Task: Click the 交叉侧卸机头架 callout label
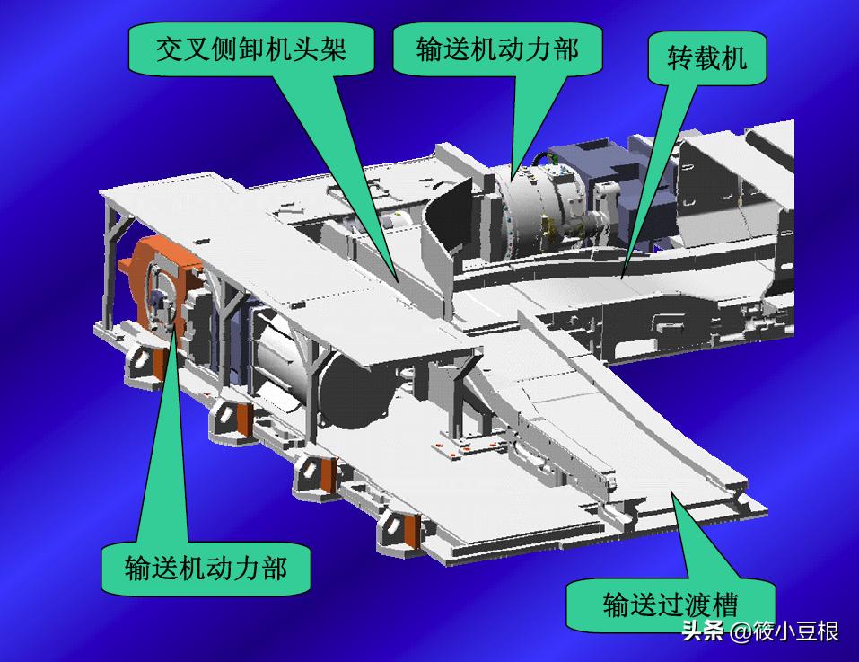click(x=250, y=49)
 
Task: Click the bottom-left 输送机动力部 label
click(x=206, y=568)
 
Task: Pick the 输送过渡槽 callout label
click(x=675, y=602)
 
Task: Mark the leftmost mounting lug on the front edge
click(x=142, y=363)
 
